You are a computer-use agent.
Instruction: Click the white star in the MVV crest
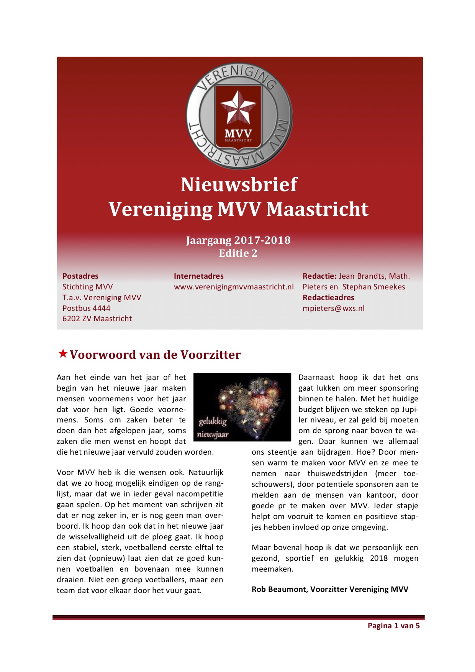pyautogui.click(x=238, y=107)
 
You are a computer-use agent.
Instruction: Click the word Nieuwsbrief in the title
pyautogui.click(x=239, y=185)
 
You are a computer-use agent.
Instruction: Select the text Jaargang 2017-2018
pyautogui.click(x=238, y=240)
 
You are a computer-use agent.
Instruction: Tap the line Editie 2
pyautogui.click(x=238, y=253)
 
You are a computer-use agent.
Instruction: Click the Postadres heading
pyautogui.click(x=80, y=276)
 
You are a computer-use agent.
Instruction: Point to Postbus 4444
pyautogui.click(x=86, y=308)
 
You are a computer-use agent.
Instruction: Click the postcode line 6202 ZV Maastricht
pyautogui.click(x=97, y=319)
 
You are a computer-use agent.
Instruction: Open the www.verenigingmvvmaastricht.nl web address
pyautogui.click(x=234, y=287)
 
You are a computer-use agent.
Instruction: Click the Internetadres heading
pyautogui.click(x=198, y=276)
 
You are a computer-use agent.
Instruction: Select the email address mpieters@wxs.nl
pyautogui.click(x=333, y=308)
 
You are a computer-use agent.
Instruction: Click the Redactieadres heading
pyautogui.click(x=328, y=297)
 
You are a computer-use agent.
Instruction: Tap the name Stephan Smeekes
pyautogui.click(x=373, y=287)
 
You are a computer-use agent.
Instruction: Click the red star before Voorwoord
pyautogui.click(x=63, y=353)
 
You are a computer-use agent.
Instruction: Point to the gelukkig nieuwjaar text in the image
pyautogui.click(x=213, y=428)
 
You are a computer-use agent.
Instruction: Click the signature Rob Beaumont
pyautogui.click(x=279, y=589)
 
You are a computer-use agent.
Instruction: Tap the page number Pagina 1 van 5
pyautogui.click(x=393, y=626)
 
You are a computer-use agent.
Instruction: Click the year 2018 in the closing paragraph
pyautogui.click(x=378, y=558)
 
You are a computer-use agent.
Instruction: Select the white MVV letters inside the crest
pyautogui.click(x=238, y=133)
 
